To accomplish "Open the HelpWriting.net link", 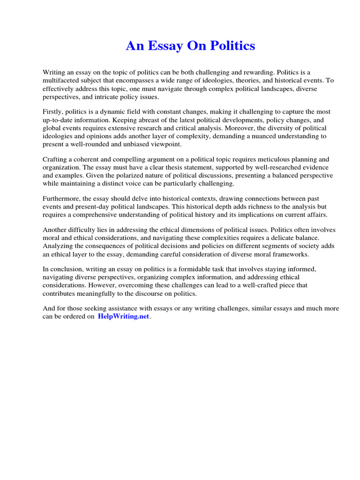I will coord(123,316).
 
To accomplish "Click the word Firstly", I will coord(52,112).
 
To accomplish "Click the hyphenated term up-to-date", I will coord(60,120).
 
